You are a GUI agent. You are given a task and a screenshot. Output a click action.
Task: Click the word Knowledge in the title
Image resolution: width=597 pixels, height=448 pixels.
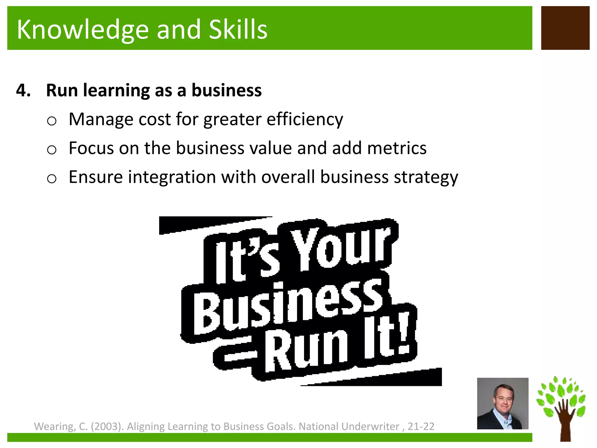(x=83, y=30)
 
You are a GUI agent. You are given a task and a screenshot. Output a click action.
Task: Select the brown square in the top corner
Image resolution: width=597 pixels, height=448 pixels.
(x=565, y=28)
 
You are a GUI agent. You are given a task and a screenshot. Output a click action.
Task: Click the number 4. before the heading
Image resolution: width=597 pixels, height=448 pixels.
(x=23, y=90)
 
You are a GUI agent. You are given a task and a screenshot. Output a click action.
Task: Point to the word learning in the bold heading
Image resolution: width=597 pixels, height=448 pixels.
(x=116, y=90)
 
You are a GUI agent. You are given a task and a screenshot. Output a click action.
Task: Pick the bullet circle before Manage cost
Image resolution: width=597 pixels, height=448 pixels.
(x=52, y=121)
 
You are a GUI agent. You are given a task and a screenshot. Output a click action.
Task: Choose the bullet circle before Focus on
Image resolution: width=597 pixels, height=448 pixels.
(x=52, y=150)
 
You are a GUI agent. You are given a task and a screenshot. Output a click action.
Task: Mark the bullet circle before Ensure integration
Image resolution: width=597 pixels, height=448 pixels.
(x=52, y=178)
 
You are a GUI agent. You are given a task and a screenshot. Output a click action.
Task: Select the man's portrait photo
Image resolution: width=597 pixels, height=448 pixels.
(x=503, y=403)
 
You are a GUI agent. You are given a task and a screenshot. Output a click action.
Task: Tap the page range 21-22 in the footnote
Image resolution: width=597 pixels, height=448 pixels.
(x=421, y=426)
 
